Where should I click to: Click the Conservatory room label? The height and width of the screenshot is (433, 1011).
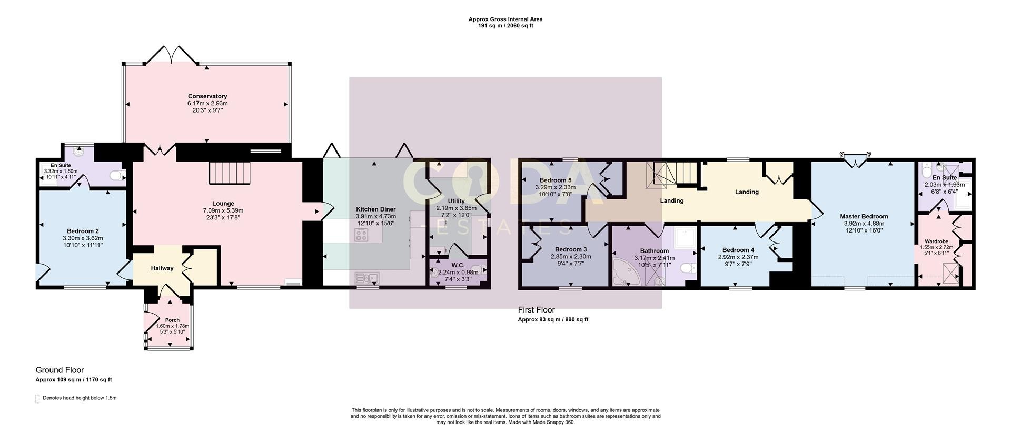pos(207,96)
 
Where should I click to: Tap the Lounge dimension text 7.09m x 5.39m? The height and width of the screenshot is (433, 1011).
pos(223,210)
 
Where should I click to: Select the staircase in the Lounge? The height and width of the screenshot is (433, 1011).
pos(229,173)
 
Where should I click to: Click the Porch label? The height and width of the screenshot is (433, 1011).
pos(172,320)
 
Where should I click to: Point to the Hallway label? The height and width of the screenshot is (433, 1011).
pos(162,268)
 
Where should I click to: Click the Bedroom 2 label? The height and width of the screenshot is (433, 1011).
pos(83,231)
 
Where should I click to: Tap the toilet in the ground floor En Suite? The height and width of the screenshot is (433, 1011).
pos(117,175)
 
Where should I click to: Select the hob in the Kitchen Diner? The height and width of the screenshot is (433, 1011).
pos(361,236)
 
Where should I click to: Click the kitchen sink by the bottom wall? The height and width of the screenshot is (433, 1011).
pos(368,278)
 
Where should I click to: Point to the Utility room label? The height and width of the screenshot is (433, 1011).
pos(456,201)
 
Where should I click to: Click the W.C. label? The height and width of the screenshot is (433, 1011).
pos(458,265)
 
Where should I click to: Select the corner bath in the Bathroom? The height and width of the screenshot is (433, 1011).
pos(626,271)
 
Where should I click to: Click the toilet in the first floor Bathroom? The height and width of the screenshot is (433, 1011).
pos(687,269)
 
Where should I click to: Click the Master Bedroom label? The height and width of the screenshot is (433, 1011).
pos(864,216)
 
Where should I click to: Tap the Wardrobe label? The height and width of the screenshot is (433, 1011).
pos(936,241)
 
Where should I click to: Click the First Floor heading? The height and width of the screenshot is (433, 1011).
pos(536,310)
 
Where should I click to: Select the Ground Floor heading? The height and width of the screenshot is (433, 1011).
pos(60,370)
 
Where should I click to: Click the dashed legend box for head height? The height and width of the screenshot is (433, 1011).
pos(37,398)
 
